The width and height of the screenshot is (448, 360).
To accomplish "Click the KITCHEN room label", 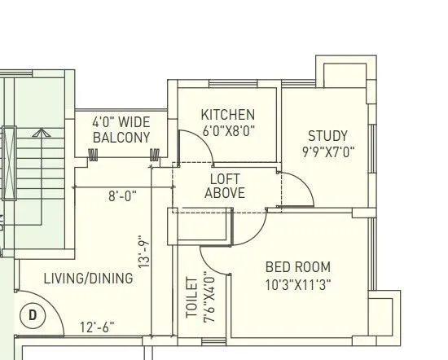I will [228, 115].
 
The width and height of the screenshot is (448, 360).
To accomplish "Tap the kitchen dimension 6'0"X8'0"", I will [228, 130].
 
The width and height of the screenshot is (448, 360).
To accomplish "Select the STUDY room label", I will [327, 136].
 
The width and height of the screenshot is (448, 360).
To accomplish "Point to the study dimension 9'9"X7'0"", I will [327, 151].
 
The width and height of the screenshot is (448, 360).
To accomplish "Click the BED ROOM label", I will [298, 267].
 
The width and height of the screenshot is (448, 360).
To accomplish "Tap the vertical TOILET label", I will [192, 297].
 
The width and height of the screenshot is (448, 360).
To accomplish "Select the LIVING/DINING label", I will [77, 279].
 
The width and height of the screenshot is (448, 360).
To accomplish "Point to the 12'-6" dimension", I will [97, 327].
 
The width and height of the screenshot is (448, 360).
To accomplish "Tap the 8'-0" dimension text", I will [122, 195].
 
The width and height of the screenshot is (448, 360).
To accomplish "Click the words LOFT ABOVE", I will [225, 186].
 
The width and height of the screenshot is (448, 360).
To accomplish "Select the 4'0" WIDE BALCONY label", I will [121, 130].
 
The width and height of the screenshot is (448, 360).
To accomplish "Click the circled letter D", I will [33, 315].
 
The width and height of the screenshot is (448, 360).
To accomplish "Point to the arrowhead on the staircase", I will [42, 132].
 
